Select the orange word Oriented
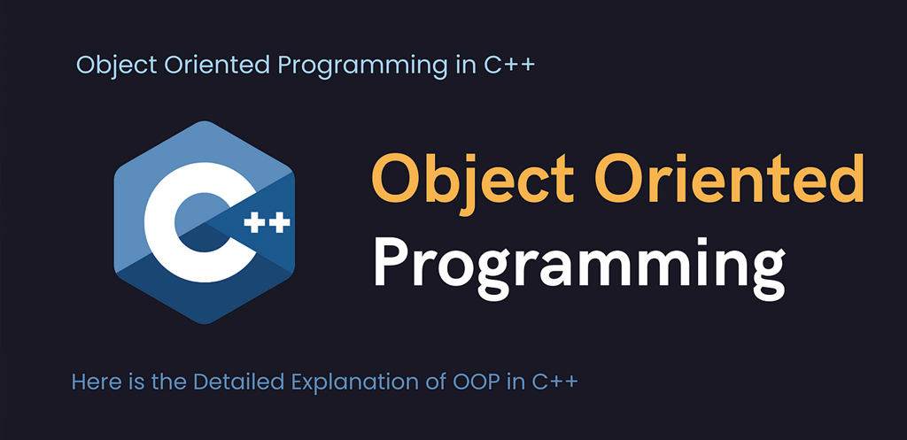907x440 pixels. pos(730,177)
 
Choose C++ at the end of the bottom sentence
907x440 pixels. pos(552,382)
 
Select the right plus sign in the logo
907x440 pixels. pos(279,222)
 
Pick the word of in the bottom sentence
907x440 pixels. pos(433,382)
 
